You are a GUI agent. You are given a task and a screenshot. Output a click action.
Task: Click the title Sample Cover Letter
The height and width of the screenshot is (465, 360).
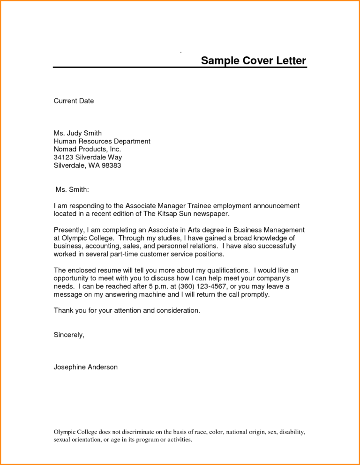[253, 61]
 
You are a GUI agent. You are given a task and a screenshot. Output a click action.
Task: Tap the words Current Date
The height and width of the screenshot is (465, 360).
[74, 101]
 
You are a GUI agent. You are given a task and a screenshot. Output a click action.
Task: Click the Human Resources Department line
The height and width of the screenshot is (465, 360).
[102, 141]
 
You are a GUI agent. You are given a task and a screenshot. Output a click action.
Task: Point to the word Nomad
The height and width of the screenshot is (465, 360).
[65, 149]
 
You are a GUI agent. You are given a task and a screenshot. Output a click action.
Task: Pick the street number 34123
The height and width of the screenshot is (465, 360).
[64, 157]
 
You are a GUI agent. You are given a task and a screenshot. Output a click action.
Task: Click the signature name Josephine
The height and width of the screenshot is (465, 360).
[70, 367]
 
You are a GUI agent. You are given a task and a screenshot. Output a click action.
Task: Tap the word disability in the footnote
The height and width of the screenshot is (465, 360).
[292, 431]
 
